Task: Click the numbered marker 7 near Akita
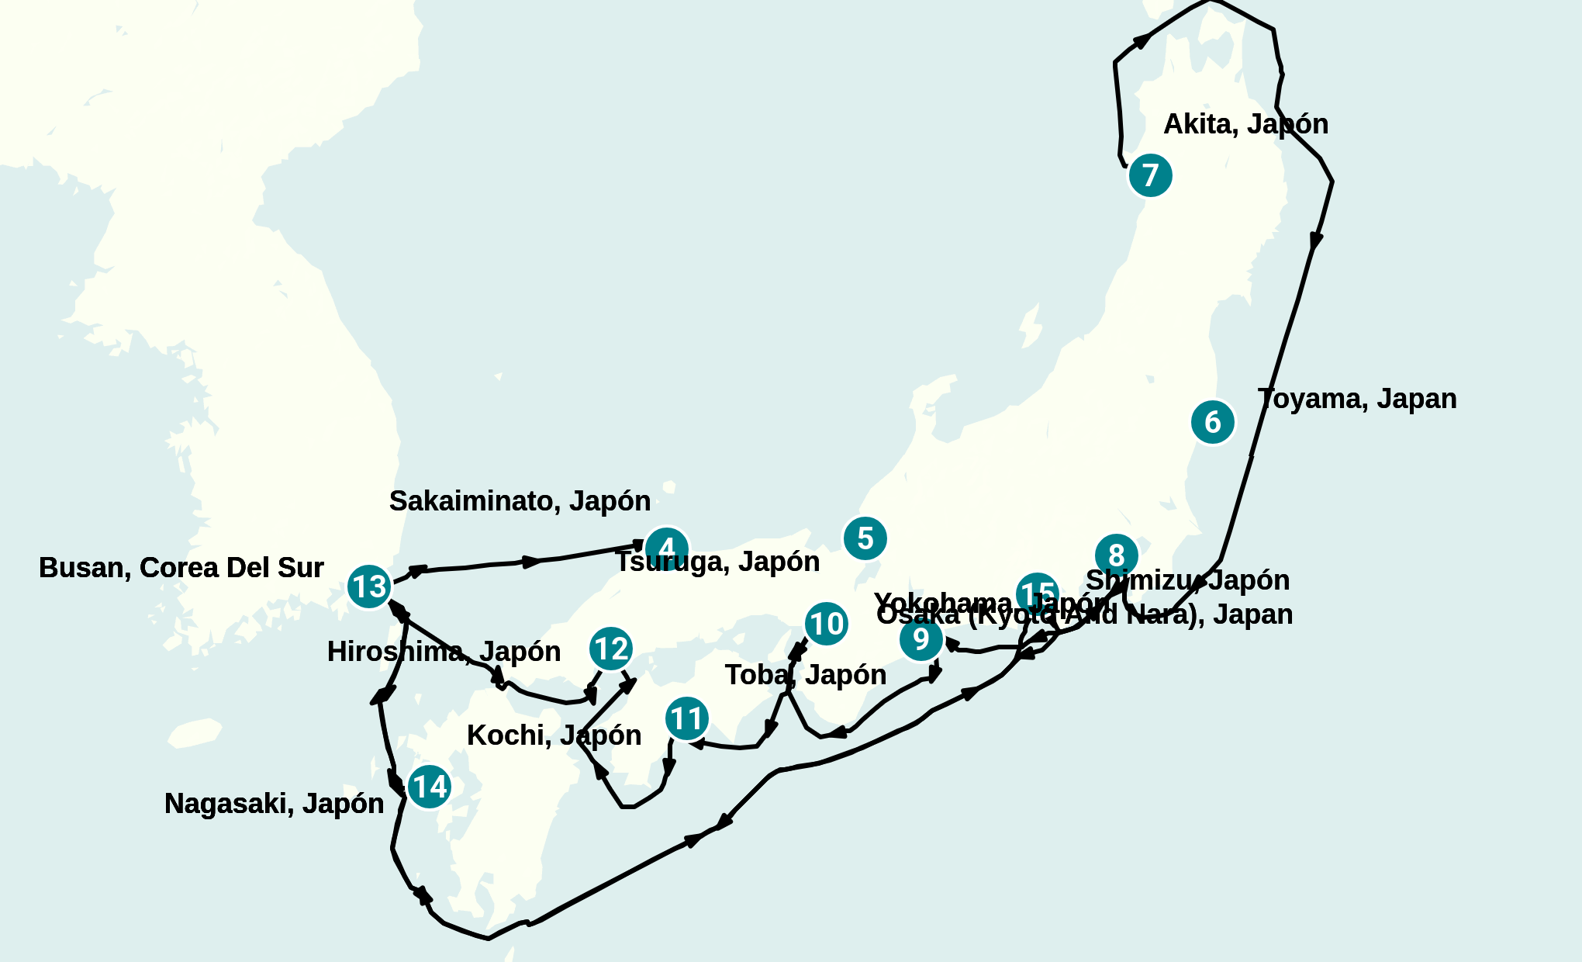(1150, 175)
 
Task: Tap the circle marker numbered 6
(1213, 422)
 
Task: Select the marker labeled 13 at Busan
(369, 587)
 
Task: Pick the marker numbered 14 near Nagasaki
(429, 787)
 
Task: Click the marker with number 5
(865, 538)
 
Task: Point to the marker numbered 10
(826, 624)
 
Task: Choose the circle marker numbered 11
(687, 718)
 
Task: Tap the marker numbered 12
(611, 649)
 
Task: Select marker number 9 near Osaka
(921, 639)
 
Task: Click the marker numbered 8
(1117, 555)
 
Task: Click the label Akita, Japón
(1245, 124)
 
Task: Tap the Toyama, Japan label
(1357, 399)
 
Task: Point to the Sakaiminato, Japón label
(520, 501)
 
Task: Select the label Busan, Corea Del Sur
(181, 568)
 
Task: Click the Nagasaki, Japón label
(274, 804)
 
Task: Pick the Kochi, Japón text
(554, 735)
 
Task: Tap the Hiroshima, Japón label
(444, 652)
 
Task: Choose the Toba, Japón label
(806, 675)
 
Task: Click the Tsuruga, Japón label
(717, 562)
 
